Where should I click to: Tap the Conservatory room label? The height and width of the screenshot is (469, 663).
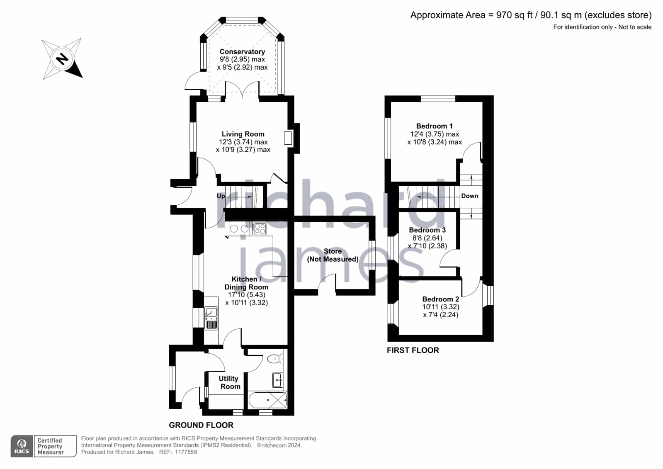click(242, 51)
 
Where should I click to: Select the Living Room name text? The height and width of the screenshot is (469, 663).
click(243, 134)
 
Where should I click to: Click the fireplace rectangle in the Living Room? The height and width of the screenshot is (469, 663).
click(288, 138)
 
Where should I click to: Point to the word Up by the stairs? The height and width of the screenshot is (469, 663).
click(221, 196)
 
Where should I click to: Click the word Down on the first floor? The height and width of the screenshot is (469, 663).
click(470, 196)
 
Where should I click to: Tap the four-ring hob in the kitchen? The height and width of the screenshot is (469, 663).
click(259, 229)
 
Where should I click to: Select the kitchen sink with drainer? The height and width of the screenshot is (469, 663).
click(211, 318)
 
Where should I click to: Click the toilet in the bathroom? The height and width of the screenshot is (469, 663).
click(275, 359)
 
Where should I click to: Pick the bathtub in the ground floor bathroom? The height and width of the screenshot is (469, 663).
click(268, 400)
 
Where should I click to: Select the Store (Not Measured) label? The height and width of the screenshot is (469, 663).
click(333, 255)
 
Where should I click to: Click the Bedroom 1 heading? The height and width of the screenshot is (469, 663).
click(435, 126)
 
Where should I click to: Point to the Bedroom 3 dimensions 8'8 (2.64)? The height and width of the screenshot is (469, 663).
click(427, 238)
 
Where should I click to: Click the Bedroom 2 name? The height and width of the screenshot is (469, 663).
click(441, 299)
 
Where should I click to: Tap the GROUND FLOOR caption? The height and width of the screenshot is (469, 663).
click(201, 425)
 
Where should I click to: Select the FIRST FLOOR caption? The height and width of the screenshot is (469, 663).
click(413, 350)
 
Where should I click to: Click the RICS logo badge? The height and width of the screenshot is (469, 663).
click(22, 446)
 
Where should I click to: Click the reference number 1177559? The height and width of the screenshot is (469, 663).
click(186, 452)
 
